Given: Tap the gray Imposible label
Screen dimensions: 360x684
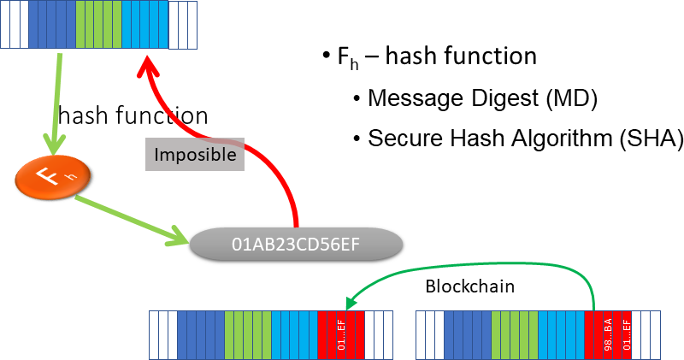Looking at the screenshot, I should coord(194,156).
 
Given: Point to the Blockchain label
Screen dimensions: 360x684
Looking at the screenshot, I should coord(470,286).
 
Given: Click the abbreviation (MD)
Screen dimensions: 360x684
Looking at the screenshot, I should coord(573,97).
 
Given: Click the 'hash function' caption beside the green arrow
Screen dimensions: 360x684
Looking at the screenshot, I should coord(133,115).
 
